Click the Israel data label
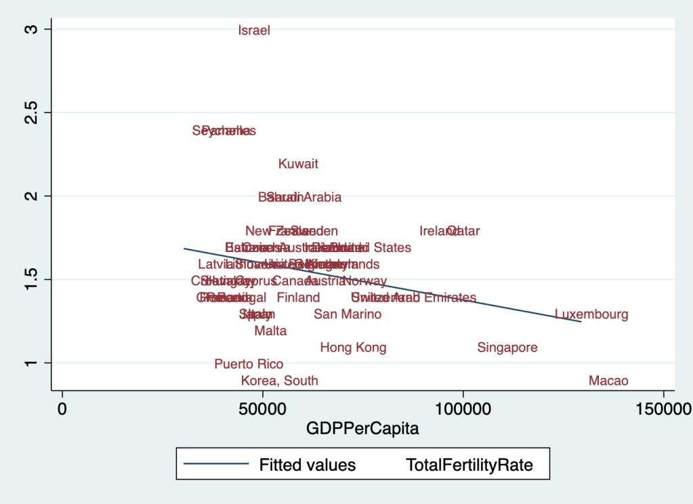[255, 30]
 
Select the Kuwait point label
[298, 164]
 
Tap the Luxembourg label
[591, 314]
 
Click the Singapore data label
[507, 348]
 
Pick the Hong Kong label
[353, 348]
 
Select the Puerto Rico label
[249, 364]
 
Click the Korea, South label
[280, 381]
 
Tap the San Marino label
[348, 314]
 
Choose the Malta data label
[270, 331]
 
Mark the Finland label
[298, 297]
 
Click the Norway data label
[365, 281]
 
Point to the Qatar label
[465, 231]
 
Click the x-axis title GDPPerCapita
[362, 428]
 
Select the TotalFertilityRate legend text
[469, 465]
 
